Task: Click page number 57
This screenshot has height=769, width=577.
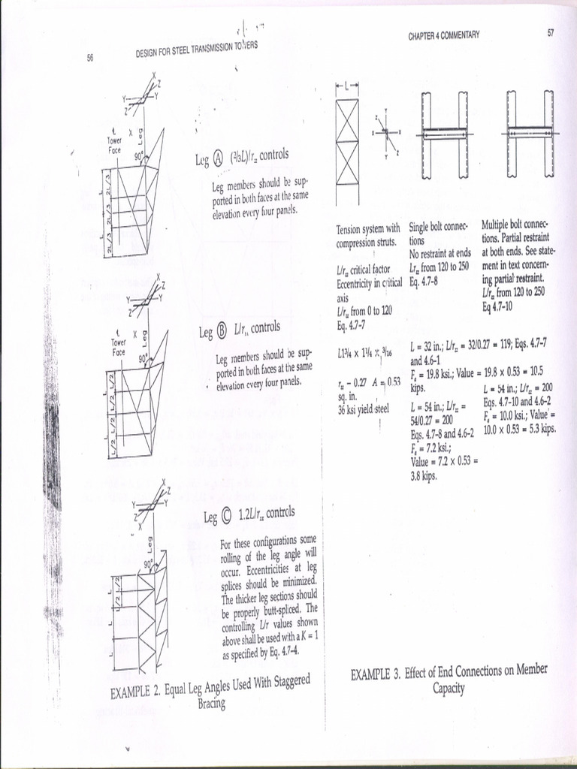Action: tap(551, 33)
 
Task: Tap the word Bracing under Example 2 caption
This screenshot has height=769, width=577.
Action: tap(211, 704)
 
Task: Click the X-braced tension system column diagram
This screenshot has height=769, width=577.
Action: tap(347, 143)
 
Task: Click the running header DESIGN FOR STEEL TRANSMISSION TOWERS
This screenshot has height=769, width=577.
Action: tap(197, 49)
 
